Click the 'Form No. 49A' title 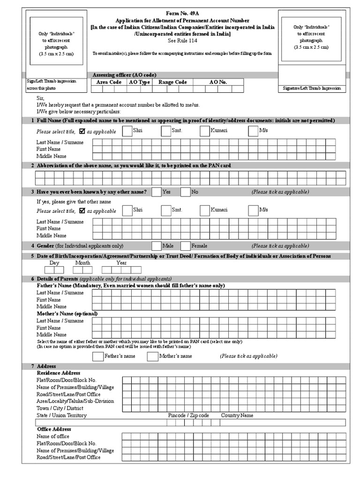[183, 15]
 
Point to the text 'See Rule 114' [183, 41]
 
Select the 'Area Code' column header [109, 82]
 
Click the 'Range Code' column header [172, 82]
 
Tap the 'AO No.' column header [218, 82]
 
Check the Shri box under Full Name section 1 [127, 131]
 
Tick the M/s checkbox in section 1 [253, 131]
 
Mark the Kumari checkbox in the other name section [204, 210]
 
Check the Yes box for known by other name [157, 192]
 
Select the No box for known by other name [185, 192]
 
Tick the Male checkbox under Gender [157, 246]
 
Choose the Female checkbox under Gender [185, 246]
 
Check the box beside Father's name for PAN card [97, 357]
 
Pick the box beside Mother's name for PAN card [152, 357]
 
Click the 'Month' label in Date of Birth [82, 263]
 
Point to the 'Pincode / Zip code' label [188, 415]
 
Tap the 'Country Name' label [237, 415]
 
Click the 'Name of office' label [53, 436]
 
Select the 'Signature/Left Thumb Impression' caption [312, 89]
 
